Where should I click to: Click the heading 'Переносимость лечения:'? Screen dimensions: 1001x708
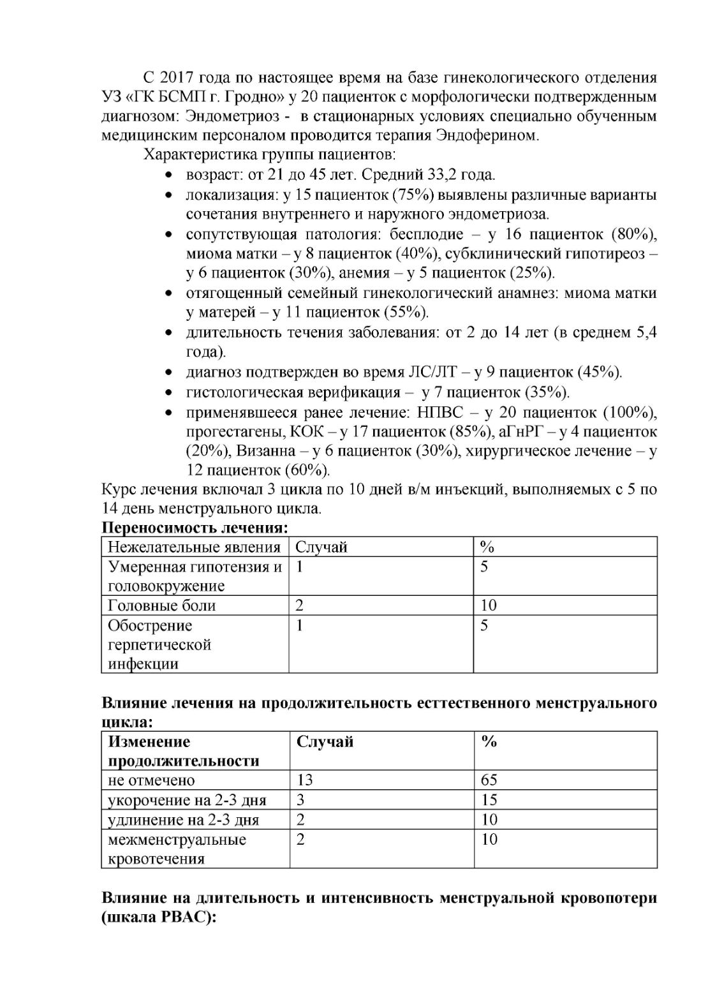[x=195, y=528]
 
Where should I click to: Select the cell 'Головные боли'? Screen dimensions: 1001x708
[x=162, y=605]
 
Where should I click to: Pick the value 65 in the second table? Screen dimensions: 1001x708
[x=489, y=780]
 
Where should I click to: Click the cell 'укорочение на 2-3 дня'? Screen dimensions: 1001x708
[x=187, y=800]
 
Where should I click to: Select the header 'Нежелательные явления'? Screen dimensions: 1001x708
[x=194, y=547]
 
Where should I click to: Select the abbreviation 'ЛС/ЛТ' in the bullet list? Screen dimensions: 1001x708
[x=432, y=372]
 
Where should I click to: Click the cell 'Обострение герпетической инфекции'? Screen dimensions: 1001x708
[x=159, y=644]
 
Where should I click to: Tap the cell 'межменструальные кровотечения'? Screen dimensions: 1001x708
[x=177, y=849]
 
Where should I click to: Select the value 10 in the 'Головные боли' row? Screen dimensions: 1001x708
[x=489, y=605]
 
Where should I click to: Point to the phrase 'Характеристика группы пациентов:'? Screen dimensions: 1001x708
[x=270, y=155]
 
